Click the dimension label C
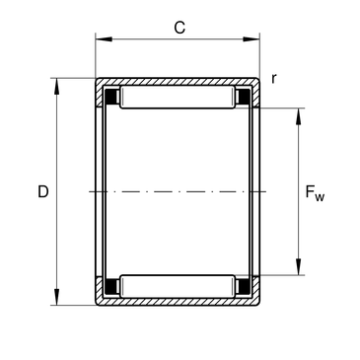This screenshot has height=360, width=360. click(180, 28)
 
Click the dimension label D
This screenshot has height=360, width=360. click(43, 191)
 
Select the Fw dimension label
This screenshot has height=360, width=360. click(315, 193)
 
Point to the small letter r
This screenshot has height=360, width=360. click(274, 79)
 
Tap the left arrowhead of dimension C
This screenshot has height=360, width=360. click(104, 39)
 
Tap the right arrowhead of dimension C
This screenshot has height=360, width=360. click(252, 39)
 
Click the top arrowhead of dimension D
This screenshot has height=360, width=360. click(57, 86)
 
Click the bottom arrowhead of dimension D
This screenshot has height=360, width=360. click(57, 297)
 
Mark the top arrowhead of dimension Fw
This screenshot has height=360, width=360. click(298, 116)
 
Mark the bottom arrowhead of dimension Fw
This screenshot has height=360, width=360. click(298, 266)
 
